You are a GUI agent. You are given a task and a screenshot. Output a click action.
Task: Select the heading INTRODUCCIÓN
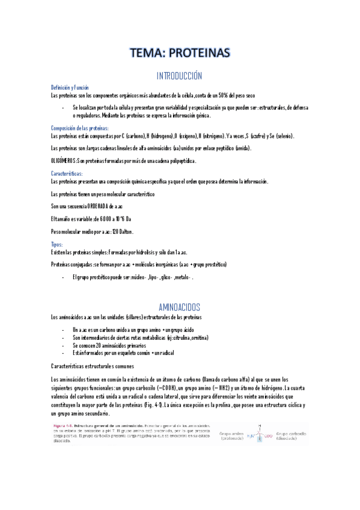tap(179, 76)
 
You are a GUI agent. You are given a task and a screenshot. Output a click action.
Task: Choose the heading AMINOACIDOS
tap(179, 307)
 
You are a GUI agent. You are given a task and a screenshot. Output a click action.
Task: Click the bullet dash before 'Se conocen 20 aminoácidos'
tap(64, 346)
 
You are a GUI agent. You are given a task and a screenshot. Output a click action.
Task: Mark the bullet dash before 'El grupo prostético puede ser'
tap(64, 278)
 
